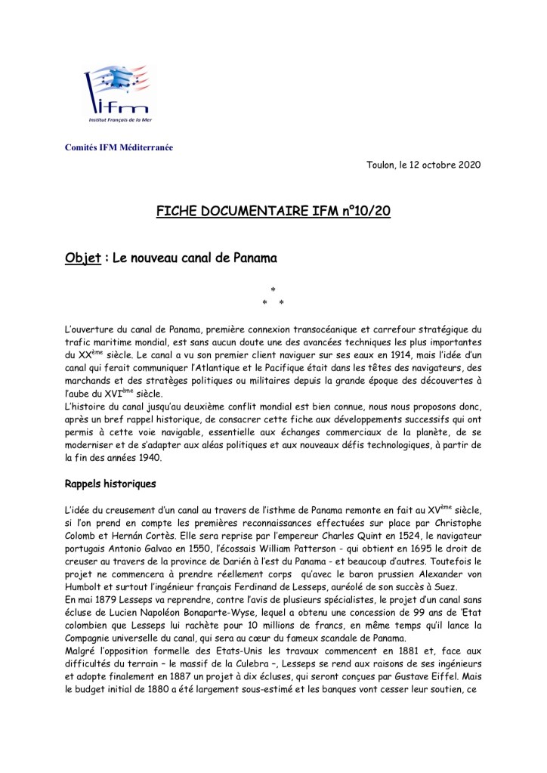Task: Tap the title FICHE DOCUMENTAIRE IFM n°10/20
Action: pos(273,211)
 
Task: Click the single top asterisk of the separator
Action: pos(273,289)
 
